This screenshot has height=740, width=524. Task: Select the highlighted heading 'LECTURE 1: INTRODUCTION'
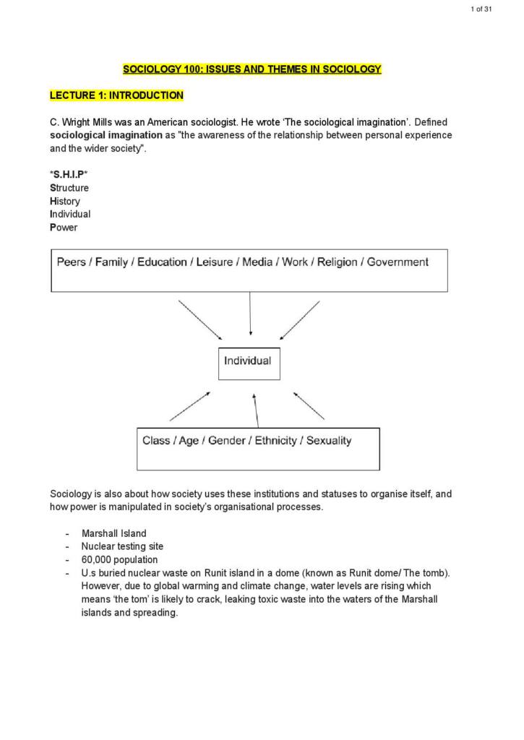coord(116,95)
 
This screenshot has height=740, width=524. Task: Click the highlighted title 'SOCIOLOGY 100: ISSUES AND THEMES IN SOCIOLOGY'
coord(252,69)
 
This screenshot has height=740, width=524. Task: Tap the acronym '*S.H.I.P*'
coord(69,174)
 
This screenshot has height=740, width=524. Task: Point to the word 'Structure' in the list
coord(69,188)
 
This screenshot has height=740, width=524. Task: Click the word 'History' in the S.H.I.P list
coord(65,201)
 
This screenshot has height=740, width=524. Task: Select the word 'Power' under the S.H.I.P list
coord(64,228)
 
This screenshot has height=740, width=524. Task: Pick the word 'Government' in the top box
coord(398,262)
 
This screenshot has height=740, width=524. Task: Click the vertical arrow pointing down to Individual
coord(250,315)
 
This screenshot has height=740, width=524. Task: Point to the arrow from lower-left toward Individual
coord(190,406)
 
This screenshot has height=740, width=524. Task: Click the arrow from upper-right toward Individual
coord(300,320)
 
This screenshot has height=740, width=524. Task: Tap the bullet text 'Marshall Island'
coord(113,533)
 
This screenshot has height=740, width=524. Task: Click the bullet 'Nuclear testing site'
coord(122,546)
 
